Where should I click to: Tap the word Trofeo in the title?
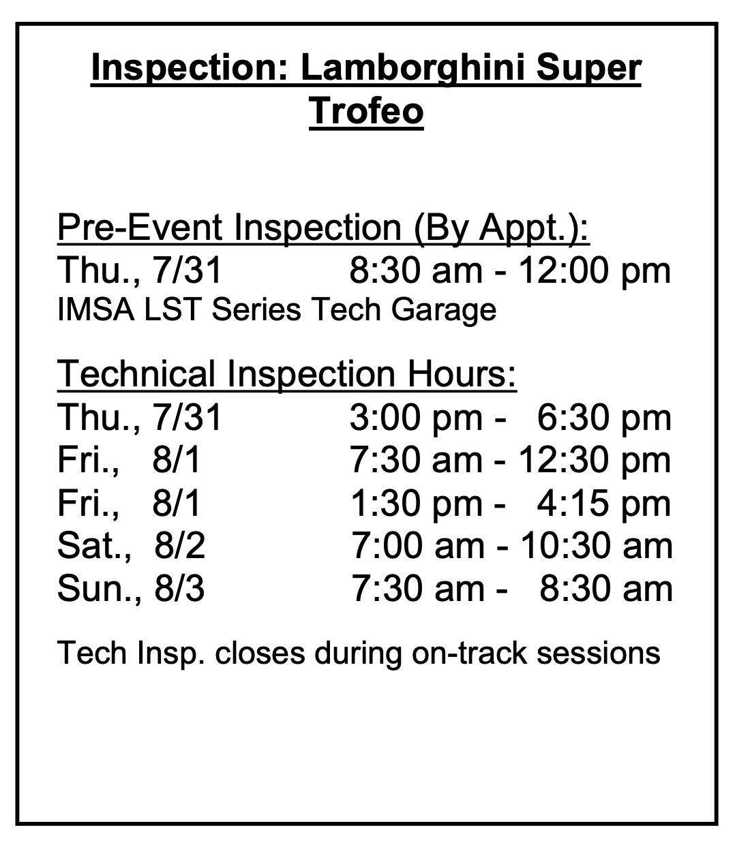(366, 110)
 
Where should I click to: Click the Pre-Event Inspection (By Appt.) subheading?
(323, 228)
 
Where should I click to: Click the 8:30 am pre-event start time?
(416, 271)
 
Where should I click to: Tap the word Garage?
(444, 311)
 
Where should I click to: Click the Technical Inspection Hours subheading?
(287, 374)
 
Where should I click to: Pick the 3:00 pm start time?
(416, 418)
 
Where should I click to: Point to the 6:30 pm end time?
(604, 418)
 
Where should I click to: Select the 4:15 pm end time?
(603, 504)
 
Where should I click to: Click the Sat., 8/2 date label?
(131, 547)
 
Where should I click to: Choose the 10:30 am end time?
(597, 546)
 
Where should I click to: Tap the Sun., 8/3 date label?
(130, 589)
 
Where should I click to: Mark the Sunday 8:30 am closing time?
(606, 589)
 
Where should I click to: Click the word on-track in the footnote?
(469, 654)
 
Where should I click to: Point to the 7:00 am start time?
(417, 546)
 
